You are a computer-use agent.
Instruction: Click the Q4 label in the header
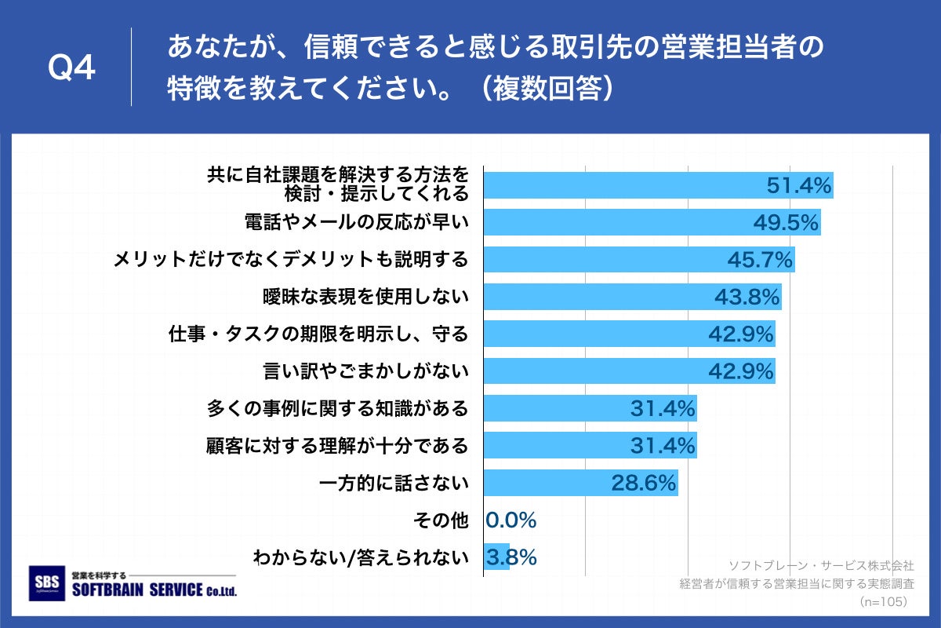pyautogui.click(x=71, y=68)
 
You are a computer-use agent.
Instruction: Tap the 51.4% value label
pyautogui.click(x=797, y=186)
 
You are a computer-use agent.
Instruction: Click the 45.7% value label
pyautogui.click(x=761, y=260)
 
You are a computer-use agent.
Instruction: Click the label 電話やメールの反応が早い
pyautogui.click(x=357, y=223)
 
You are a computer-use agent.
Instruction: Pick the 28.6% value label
pyautogui.click(x=644, y=483)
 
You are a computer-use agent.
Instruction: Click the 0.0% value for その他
pyautogui.click(x=510, y=520)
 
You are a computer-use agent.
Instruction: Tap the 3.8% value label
pyautogui.click(x=511, y=557)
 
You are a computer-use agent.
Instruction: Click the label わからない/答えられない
pyautogui.click(x=360, y=558)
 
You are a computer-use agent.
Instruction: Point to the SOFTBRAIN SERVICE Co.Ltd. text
pyautogui.click(x=153, y=590)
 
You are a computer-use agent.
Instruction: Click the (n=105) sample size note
pyautogui.click(x=883, y=602)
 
